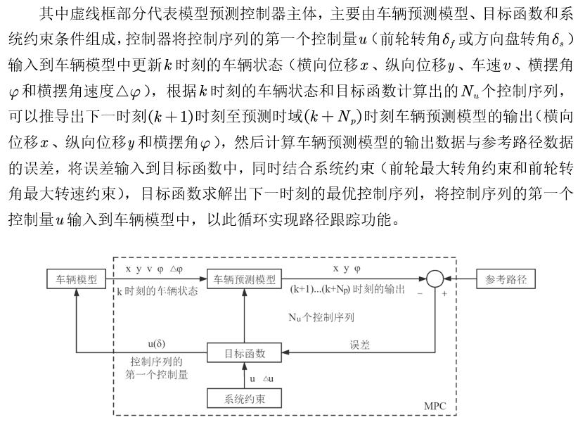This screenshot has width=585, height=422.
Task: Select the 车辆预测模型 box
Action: click(244, 279)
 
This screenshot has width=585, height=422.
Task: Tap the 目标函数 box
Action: click(244, 352)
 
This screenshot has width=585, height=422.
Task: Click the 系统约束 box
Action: click(244, 399)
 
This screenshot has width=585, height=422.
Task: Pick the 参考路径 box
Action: click(506, 279)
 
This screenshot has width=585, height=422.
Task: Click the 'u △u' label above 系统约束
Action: click(263, 378)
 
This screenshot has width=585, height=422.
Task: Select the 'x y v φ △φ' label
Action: click(153, 269)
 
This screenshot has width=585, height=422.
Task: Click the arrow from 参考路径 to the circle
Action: click(461, 279)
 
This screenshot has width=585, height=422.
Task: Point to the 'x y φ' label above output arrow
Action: click(347, 269)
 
